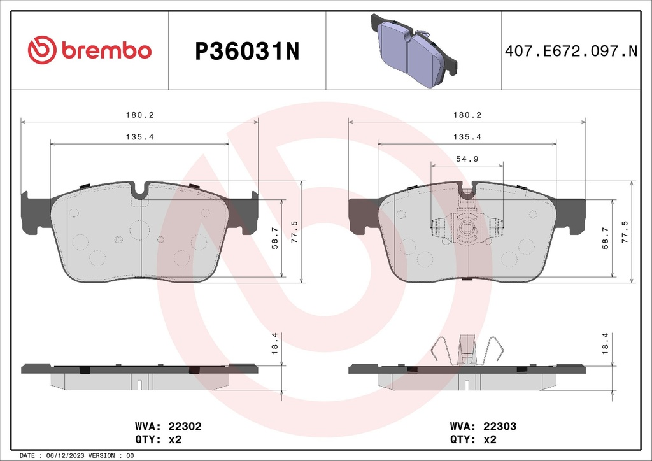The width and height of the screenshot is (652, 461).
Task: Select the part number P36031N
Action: [x=246, y=52]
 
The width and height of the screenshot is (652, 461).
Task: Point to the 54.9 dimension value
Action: [x=467, y=159]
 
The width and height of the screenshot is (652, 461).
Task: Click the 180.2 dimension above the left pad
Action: [x=139, y=115]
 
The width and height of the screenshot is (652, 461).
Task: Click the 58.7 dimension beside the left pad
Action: [x=275, y=238]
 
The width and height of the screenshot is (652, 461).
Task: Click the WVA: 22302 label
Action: [x=168, y=427]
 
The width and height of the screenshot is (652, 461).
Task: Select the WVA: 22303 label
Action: [x=483, y=427]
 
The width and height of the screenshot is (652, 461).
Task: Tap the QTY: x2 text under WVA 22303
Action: [x=473, y=439]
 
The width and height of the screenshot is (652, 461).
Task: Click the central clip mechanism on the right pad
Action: [x=467, y=226]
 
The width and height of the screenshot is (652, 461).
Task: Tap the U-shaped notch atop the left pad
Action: [x=140, y=189]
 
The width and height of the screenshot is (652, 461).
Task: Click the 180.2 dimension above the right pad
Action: [x=467, y=115]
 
